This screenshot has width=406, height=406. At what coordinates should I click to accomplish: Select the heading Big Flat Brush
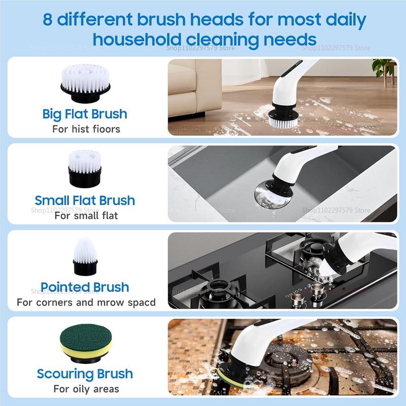[x=85, y=113]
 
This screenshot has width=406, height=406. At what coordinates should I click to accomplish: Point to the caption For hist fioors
[x=86, y=129]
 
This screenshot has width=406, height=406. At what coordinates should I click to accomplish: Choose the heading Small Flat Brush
[x=85, y=200]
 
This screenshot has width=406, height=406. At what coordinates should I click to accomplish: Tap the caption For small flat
[x=86, y=215]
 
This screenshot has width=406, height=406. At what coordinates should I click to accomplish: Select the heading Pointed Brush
[x=85, y=287]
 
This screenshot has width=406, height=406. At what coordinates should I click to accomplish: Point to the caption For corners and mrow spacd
[x=86, y=302]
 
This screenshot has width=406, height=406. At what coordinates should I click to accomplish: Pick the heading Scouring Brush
[x=85, y=374]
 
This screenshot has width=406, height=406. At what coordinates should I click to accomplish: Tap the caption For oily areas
[x=86, y=389]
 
